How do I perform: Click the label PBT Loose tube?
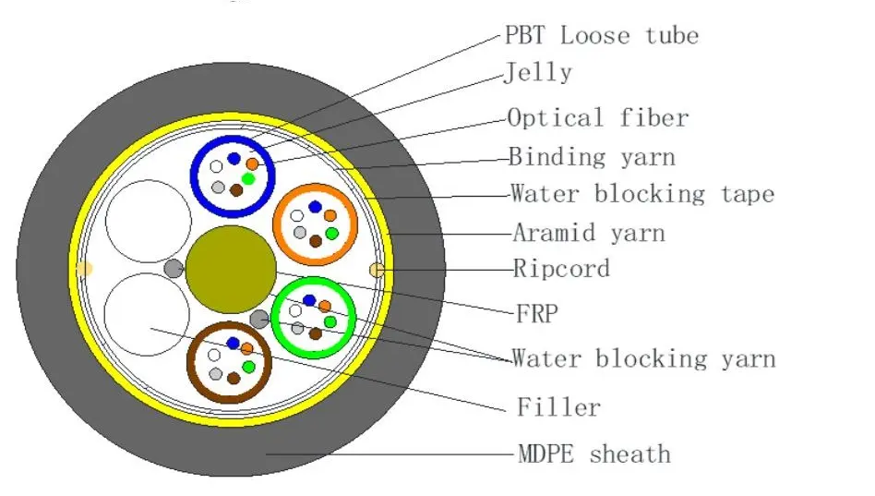[601, 36]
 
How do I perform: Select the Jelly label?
[538, 73]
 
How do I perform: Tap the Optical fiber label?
[598, 118]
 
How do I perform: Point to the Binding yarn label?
[592, 157]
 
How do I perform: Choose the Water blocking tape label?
[641, 194]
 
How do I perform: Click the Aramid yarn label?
[587, 232]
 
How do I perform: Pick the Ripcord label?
[561, 269]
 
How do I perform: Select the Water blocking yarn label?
[643, 358]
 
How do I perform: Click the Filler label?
[558, 406]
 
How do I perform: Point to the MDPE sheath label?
[593, 454]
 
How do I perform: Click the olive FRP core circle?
[231, 269]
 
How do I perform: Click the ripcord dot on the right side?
[376, 270]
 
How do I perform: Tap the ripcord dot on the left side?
[84, 269]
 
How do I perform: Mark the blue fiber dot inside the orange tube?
[315, 208]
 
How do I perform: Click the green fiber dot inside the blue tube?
[247, 177]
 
